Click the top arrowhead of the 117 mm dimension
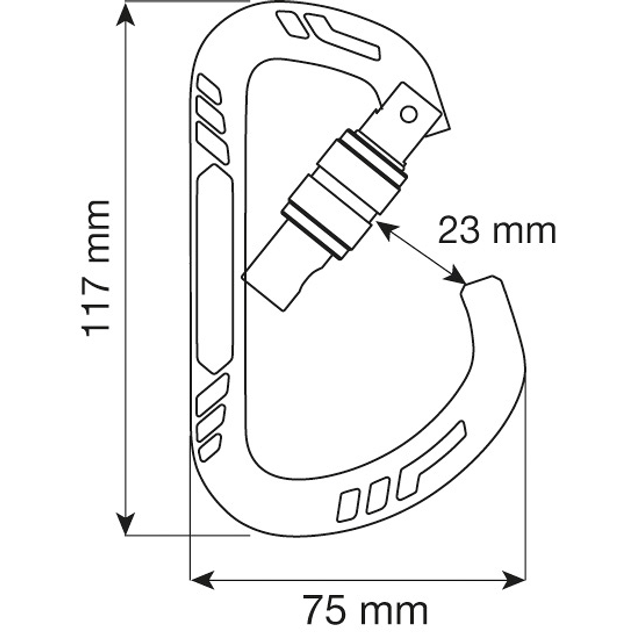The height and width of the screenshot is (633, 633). pyautogui.click(x=127, y=14)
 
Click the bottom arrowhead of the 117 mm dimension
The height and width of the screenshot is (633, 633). pyautogui.click(x=127, y=525)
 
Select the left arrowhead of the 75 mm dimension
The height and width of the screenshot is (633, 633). pyautogui.click(x=201, y=581)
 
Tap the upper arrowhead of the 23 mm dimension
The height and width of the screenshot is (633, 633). pyautogui.click(x=384, y=228)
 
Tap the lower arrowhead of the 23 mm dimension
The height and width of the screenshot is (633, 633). pyautogui.click(x=457, y=277)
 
